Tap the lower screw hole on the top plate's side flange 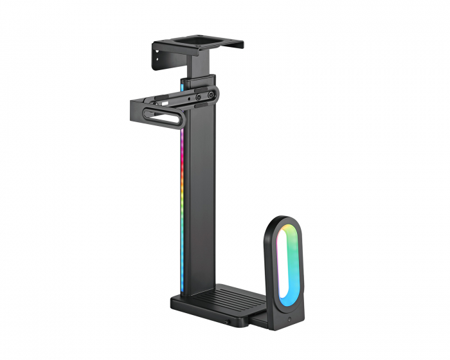[157, 63]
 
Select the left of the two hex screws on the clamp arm [198, 96]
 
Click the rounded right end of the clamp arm [218, 94]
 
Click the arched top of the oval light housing [283, 220]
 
